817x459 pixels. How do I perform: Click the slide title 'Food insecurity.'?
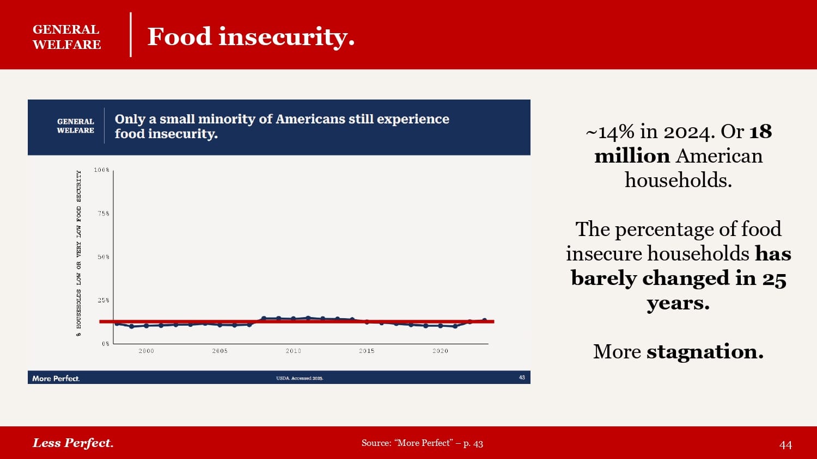(251, 36)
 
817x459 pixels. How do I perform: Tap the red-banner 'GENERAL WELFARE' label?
(66, 37)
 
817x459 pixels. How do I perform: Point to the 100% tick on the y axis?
(102, 170)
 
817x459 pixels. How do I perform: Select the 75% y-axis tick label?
(103, 214)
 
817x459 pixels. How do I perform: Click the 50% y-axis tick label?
(103, 257)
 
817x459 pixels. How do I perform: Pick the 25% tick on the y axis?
(103, 300)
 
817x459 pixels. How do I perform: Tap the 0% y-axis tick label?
(106, 344)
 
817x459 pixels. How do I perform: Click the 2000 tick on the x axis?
(146, 351)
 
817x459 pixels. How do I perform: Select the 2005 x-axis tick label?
(220, 351)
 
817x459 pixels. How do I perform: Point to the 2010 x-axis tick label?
(294, 351)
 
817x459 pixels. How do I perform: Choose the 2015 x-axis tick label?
(367, 351)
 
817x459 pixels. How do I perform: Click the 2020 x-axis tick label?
(440, 351)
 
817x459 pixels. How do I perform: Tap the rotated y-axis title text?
(79, 253)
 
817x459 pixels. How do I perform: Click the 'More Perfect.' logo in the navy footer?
(56, 379)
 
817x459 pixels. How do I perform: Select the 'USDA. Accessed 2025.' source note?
(300, 379)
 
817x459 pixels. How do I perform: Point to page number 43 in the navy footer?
(522, 377)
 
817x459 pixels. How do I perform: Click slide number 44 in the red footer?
(785, 445)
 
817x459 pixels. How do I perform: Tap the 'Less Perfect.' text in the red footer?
(73, 443)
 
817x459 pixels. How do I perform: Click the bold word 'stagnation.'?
(705, 352)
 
